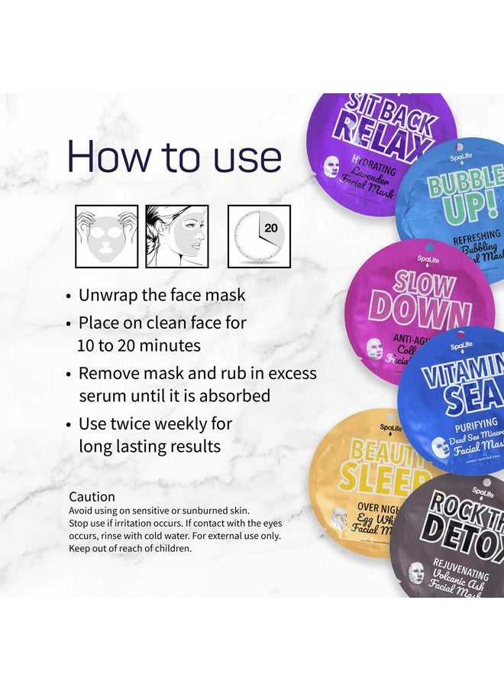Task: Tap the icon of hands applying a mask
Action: (106, 236)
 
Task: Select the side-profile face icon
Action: (176, 236)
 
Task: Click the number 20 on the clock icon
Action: (271, 227)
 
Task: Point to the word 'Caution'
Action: (92, 497)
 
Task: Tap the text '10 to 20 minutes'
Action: (139, 345)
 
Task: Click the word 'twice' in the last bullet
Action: (138, 423)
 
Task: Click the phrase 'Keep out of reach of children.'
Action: (131, 548)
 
